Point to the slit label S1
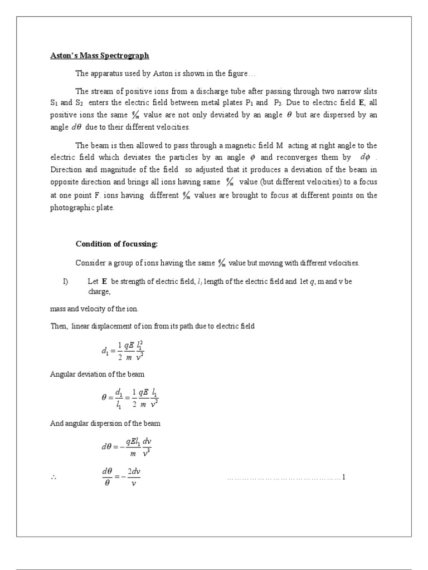coord(54,103)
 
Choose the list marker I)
coord(65,282)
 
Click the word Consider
coord(90,263)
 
